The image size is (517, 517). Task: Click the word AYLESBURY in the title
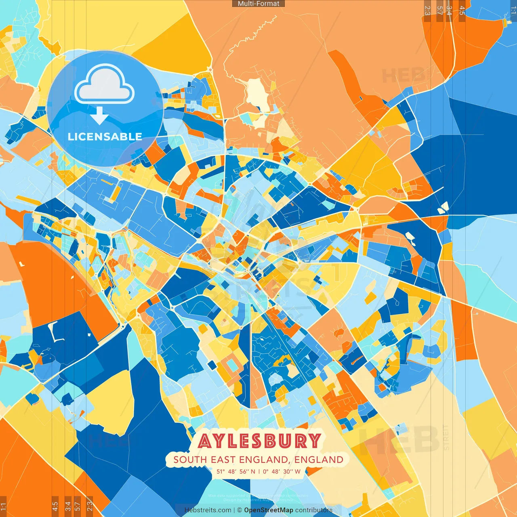pyautogui.click(x=259, y=441)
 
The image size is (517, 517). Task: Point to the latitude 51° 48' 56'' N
pyautogui.click(x=236, y=471)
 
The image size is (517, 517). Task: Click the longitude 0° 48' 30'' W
pyautogui.click(x=282, y=471)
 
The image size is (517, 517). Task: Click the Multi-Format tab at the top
pyautogui.click(x=258, y=4)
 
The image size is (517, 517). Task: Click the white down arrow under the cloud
pyautogui.click(x=99, y=116)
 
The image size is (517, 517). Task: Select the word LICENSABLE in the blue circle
pyautogui.click(x=105, y=137)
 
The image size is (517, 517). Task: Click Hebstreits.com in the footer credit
pyautogui.click(x=208, y=510)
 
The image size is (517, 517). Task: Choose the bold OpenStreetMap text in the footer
pyautogui.click(x=269, y=510)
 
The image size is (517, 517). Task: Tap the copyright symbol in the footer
pyautogui.click(x=239, y=510)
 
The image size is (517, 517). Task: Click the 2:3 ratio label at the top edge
pyautogui.click(x=427, y=11)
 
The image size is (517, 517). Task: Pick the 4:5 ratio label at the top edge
pyautogui.click(x=462, y=11)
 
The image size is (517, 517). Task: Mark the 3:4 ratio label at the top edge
pyautogui.click(x=449, y=11)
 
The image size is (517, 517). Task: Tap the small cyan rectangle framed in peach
pyautogui.click(x=232, y=365)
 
